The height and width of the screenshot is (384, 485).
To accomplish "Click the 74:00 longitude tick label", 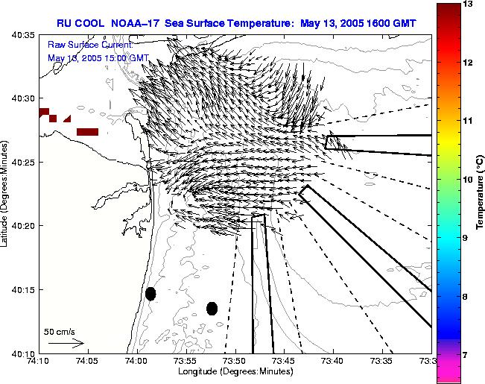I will coord(137,361).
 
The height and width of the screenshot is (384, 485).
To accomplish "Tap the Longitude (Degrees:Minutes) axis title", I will coord(235,371).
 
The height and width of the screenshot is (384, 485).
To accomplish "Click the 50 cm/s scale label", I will coord(60,331).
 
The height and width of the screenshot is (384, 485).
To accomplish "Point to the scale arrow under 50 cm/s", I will coord(66,344).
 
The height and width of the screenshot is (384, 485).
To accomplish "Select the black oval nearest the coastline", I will coord(150,294).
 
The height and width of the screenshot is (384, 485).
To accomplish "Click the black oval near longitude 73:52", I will coord(212,308).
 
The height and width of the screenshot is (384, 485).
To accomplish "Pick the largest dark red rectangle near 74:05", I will coord(88,132).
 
